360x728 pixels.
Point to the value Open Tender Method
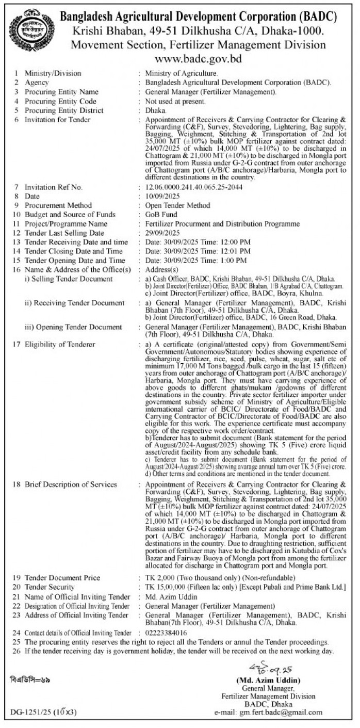point(178,205)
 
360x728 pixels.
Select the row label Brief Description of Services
point(71,484)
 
